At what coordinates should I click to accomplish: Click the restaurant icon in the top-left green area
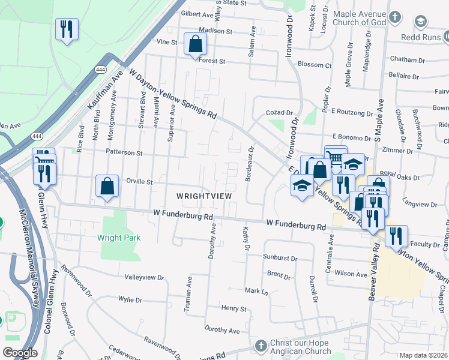pos(66,28)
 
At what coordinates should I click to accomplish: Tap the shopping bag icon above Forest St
pos(196,44)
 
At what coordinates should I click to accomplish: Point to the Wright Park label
pos(119,238)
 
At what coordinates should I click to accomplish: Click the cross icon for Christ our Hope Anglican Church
pos(261,346)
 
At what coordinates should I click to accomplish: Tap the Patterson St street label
pos(123,152)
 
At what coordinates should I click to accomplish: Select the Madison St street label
pos(215,31)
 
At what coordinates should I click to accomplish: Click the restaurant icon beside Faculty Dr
pos(396,236)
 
